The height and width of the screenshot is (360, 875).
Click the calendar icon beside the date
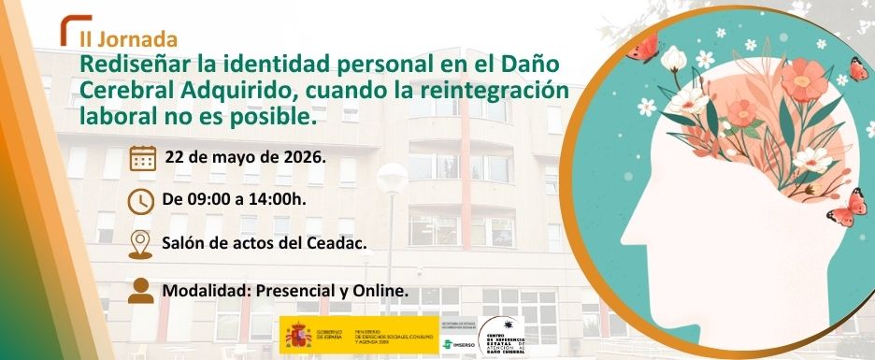coord(142,156)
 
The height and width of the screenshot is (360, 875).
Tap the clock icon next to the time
coord(141,200)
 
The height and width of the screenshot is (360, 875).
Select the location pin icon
coord(140,243)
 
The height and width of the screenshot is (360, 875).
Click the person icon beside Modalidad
coord(141,289)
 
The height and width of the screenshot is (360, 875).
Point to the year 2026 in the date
coord(301,156)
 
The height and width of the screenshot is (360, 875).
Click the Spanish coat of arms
coord(296,332)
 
